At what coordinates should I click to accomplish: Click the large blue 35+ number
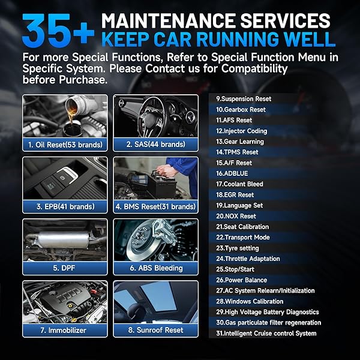click(x=58, y=30)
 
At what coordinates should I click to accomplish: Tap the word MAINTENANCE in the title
click(x=169, y=20)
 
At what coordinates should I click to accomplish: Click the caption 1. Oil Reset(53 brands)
click(x=65, y=145)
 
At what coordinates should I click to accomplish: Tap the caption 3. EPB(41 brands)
click(x=65, y=206)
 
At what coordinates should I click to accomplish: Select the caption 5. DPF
click(x=64, y=268)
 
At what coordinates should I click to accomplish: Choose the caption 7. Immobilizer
click(x=64, y=330)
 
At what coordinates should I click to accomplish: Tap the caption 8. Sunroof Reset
click(x=155, y=330)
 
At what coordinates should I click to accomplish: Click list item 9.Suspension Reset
click(x=244, y=99)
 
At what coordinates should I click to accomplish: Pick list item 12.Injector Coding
click(x=242, y=131)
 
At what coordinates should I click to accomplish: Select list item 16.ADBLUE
click(x=232, y=173)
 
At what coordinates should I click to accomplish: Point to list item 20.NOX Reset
click(x=236, y=216)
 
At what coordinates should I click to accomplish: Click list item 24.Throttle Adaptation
click(x=248, y=259)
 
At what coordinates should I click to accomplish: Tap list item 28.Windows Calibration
click(x=250, y=301)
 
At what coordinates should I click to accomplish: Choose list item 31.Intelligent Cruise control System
click(x=266, y=333)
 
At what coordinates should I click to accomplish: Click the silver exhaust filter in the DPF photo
click(x=64, y=239)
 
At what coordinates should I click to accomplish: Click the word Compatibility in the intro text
click(x=254, y=69)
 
